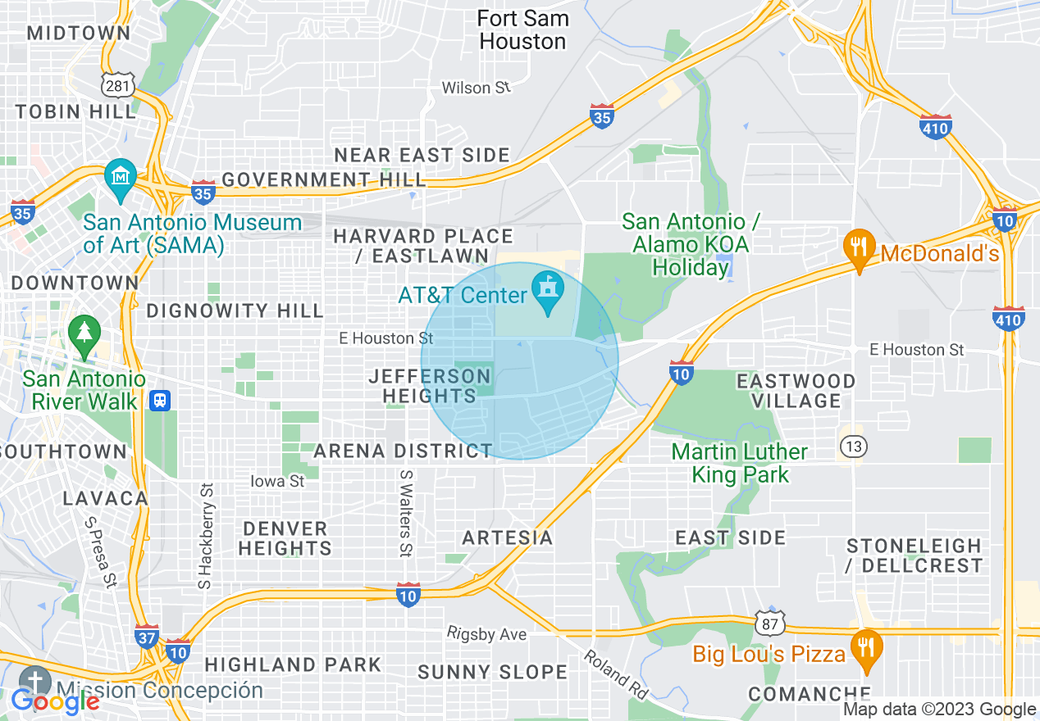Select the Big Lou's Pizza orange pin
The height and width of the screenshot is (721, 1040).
[865, 646]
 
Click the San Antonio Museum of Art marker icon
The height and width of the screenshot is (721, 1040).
[121, 179]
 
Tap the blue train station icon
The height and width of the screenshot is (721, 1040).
[160, 401]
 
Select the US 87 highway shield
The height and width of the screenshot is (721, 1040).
[770, 622]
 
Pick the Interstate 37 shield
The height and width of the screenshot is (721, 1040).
[146, 637]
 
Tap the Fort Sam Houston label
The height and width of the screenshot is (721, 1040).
[522, 29]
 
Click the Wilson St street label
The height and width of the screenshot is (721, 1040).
[476, 88]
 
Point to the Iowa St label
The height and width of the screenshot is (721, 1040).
[278, 481]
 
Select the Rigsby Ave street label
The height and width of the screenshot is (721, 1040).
[486, 633]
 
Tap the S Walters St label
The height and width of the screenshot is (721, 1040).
[404, 511]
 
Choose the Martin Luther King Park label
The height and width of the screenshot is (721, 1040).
[739, 463]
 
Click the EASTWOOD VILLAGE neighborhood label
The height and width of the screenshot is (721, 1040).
[795, 391]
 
